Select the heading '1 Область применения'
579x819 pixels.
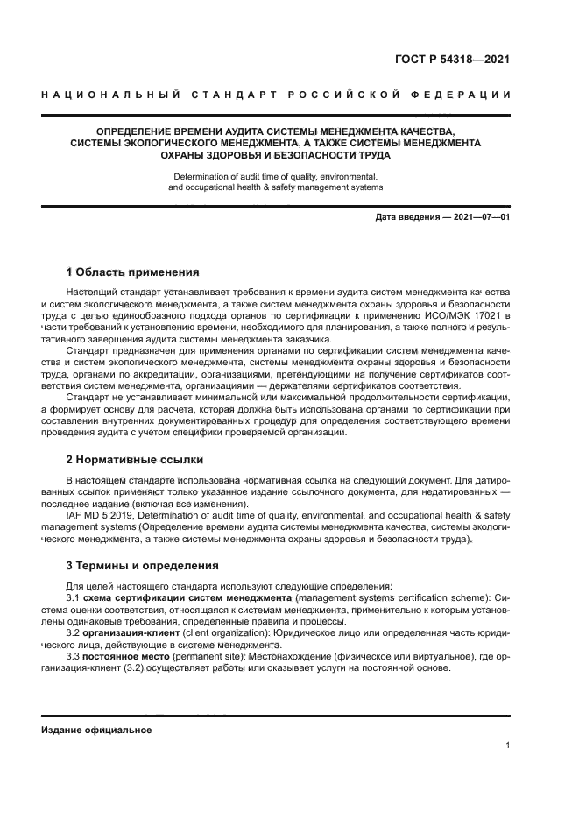[133, 272]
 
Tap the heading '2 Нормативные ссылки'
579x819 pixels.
[135, 459]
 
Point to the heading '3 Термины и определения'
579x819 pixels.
[143, 565]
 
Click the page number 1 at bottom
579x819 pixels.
[507, 745]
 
